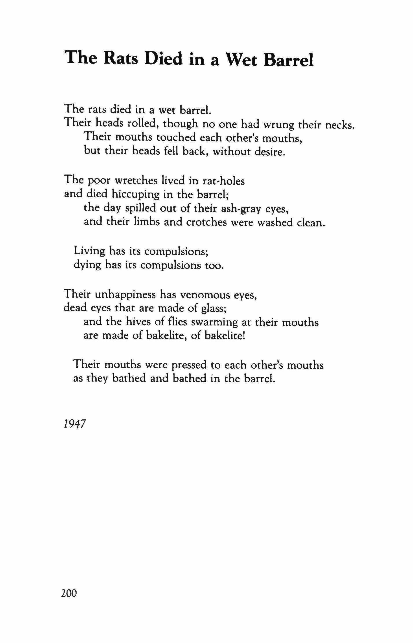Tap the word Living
point(89,251)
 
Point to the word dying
point(87,265)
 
